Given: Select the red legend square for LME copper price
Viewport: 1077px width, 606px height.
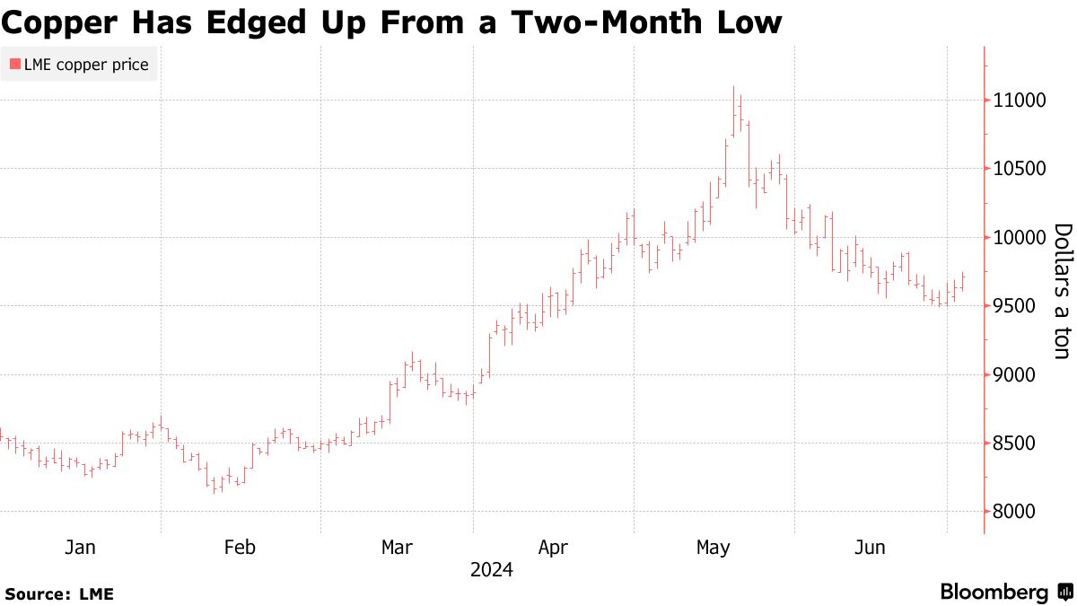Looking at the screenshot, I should [x=14, y=64].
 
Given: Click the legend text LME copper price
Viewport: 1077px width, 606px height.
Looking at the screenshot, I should [x=86, y=64].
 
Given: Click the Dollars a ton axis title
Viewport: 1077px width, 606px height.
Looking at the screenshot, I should [x=1062, y=292].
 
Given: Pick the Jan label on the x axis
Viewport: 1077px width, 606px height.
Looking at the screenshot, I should [x=80, y=548].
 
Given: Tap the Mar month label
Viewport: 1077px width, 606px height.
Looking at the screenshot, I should [x=397, y=548].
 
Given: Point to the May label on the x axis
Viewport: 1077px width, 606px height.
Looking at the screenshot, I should [x=714, y=548].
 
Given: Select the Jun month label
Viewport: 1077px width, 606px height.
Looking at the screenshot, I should [x=869, y=548].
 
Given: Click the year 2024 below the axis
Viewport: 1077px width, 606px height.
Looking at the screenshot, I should [x=491, y=570].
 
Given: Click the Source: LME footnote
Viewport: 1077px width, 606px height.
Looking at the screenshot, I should [x=59, y=593].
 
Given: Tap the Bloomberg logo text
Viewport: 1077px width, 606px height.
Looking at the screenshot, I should [x=994, y=593].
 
